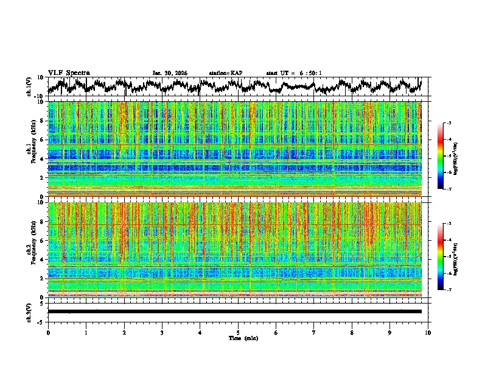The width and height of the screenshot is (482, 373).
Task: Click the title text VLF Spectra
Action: tap(69, 73)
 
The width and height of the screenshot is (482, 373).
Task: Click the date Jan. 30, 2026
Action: tap(170, 73)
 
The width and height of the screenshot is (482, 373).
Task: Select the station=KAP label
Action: tap(225, 73)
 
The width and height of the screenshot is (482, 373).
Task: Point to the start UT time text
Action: tap(294, 73)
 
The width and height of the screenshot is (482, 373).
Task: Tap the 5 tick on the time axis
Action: tap(238, 332)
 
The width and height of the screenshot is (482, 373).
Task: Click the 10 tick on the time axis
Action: tap(428, 332)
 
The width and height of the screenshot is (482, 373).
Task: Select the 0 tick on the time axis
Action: tap(48, 332)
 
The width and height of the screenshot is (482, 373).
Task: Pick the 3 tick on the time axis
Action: tap(162, 332)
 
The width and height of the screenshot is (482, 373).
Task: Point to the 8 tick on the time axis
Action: tap(352, 332)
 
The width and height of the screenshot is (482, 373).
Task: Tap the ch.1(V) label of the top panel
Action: tap(30, 87)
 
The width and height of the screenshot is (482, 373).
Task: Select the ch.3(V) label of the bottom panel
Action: tap(30, 311)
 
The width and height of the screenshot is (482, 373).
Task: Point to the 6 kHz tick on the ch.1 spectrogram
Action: tap(41, 140)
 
